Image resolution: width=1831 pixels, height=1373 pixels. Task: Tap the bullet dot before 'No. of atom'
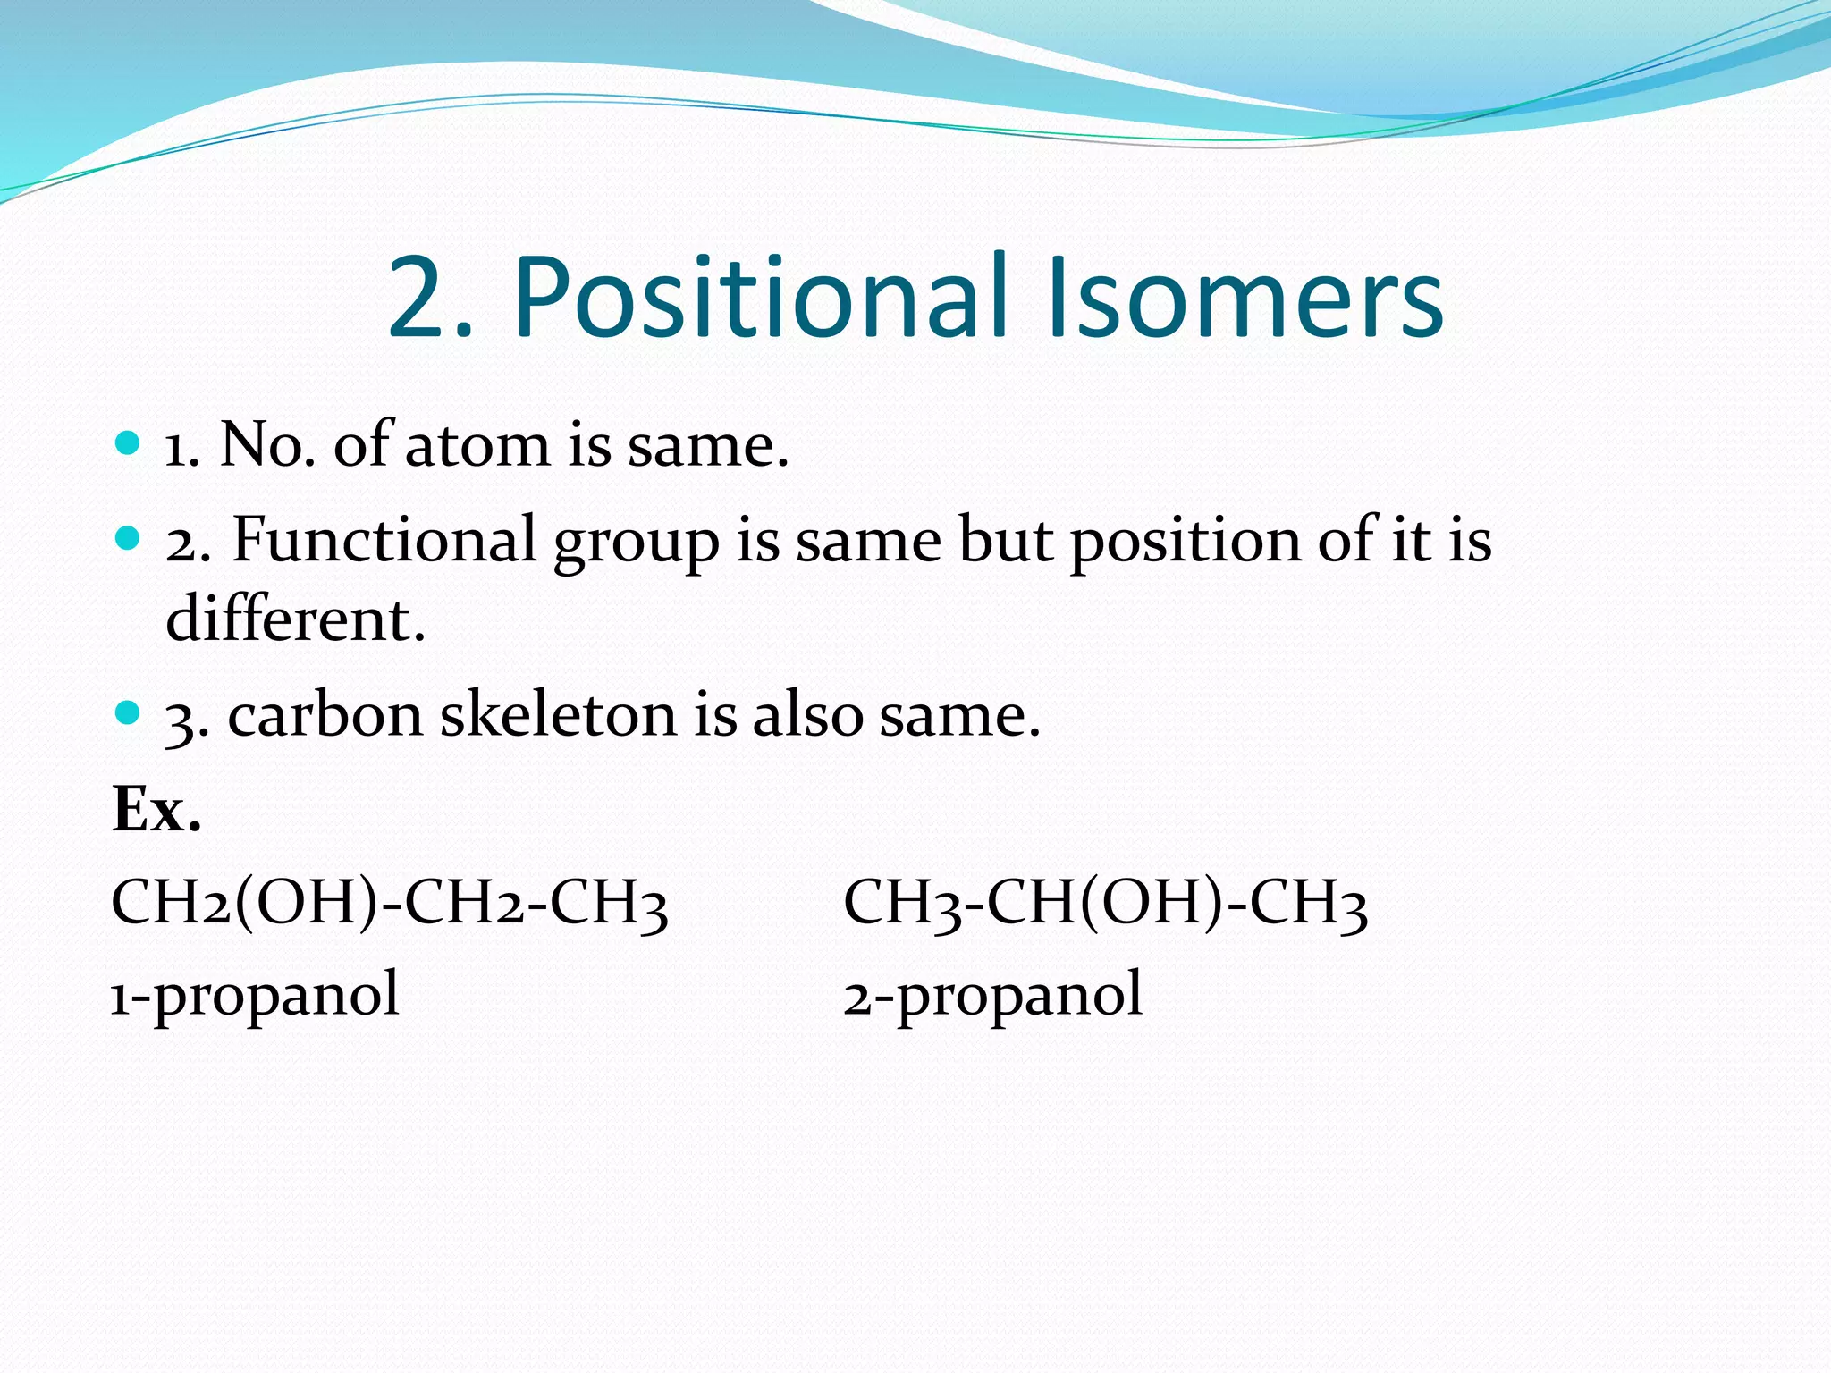pos(129,442)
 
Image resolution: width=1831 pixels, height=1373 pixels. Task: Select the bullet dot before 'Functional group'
pos(129,537)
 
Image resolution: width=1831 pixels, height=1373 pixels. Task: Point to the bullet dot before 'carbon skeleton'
pos(129,712)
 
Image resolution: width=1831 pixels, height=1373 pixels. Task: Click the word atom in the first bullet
pos(477,445)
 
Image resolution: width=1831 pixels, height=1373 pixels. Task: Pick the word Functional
pos(384,540)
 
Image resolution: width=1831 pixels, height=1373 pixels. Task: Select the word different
pos(295,619)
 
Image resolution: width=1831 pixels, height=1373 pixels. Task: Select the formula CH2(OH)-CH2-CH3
pos(389,903)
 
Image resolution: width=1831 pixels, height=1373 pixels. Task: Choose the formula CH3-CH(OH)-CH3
pos(1105,903)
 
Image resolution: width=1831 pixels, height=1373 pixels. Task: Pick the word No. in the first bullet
pos(266,445)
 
